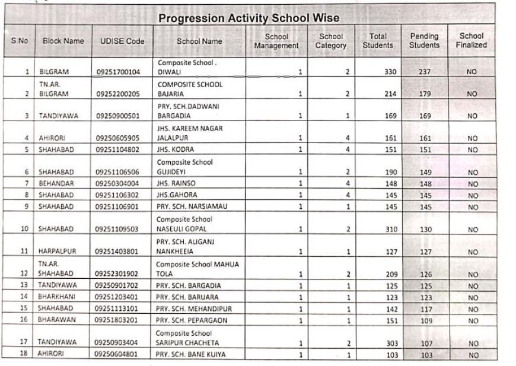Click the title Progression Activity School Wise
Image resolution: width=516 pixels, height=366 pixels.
coord(249,18)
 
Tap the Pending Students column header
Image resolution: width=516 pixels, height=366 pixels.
coord(424,41)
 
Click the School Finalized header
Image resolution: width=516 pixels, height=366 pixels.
coord(472,40)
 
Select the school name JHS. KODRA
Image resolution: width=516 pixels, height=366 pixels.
coord(175,149)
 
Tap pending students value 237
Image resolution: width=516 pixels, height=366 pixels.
coord(424,72)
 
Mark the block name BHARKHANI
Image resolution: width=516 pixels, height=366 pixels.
coord(58,297)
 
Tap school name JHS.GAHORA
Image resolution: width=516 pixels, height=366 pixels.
coord(178,195)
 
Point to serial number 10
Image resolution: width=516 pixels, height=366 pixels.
coord(24,229)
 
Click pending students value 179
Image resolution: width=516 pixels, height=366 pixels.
coord(424,94)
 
